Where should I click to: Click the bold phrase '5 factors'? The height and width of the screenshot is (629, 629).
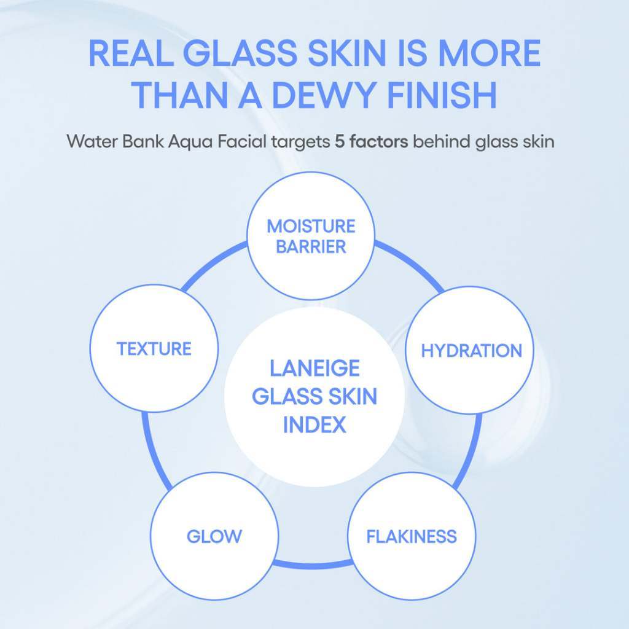371,142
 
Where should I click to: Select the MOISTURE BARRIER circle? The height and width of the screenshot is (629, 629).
310,236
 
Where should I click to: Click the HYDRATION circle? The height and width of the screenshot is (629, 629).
471,351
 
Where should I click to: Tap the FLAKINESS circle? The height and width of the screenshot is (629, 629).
412,536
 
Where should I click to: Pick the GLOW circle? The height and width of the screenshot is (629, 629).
214,536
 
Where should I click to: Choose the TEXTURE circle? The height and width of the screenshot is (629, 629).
154,349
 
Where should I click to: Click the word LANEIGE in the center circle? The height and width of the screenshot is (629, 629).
314,369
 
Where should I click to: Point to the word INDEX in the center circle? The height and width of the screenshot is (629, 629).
314,425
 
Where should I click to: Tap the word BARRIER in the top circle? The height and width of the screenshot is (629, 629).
311,247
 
